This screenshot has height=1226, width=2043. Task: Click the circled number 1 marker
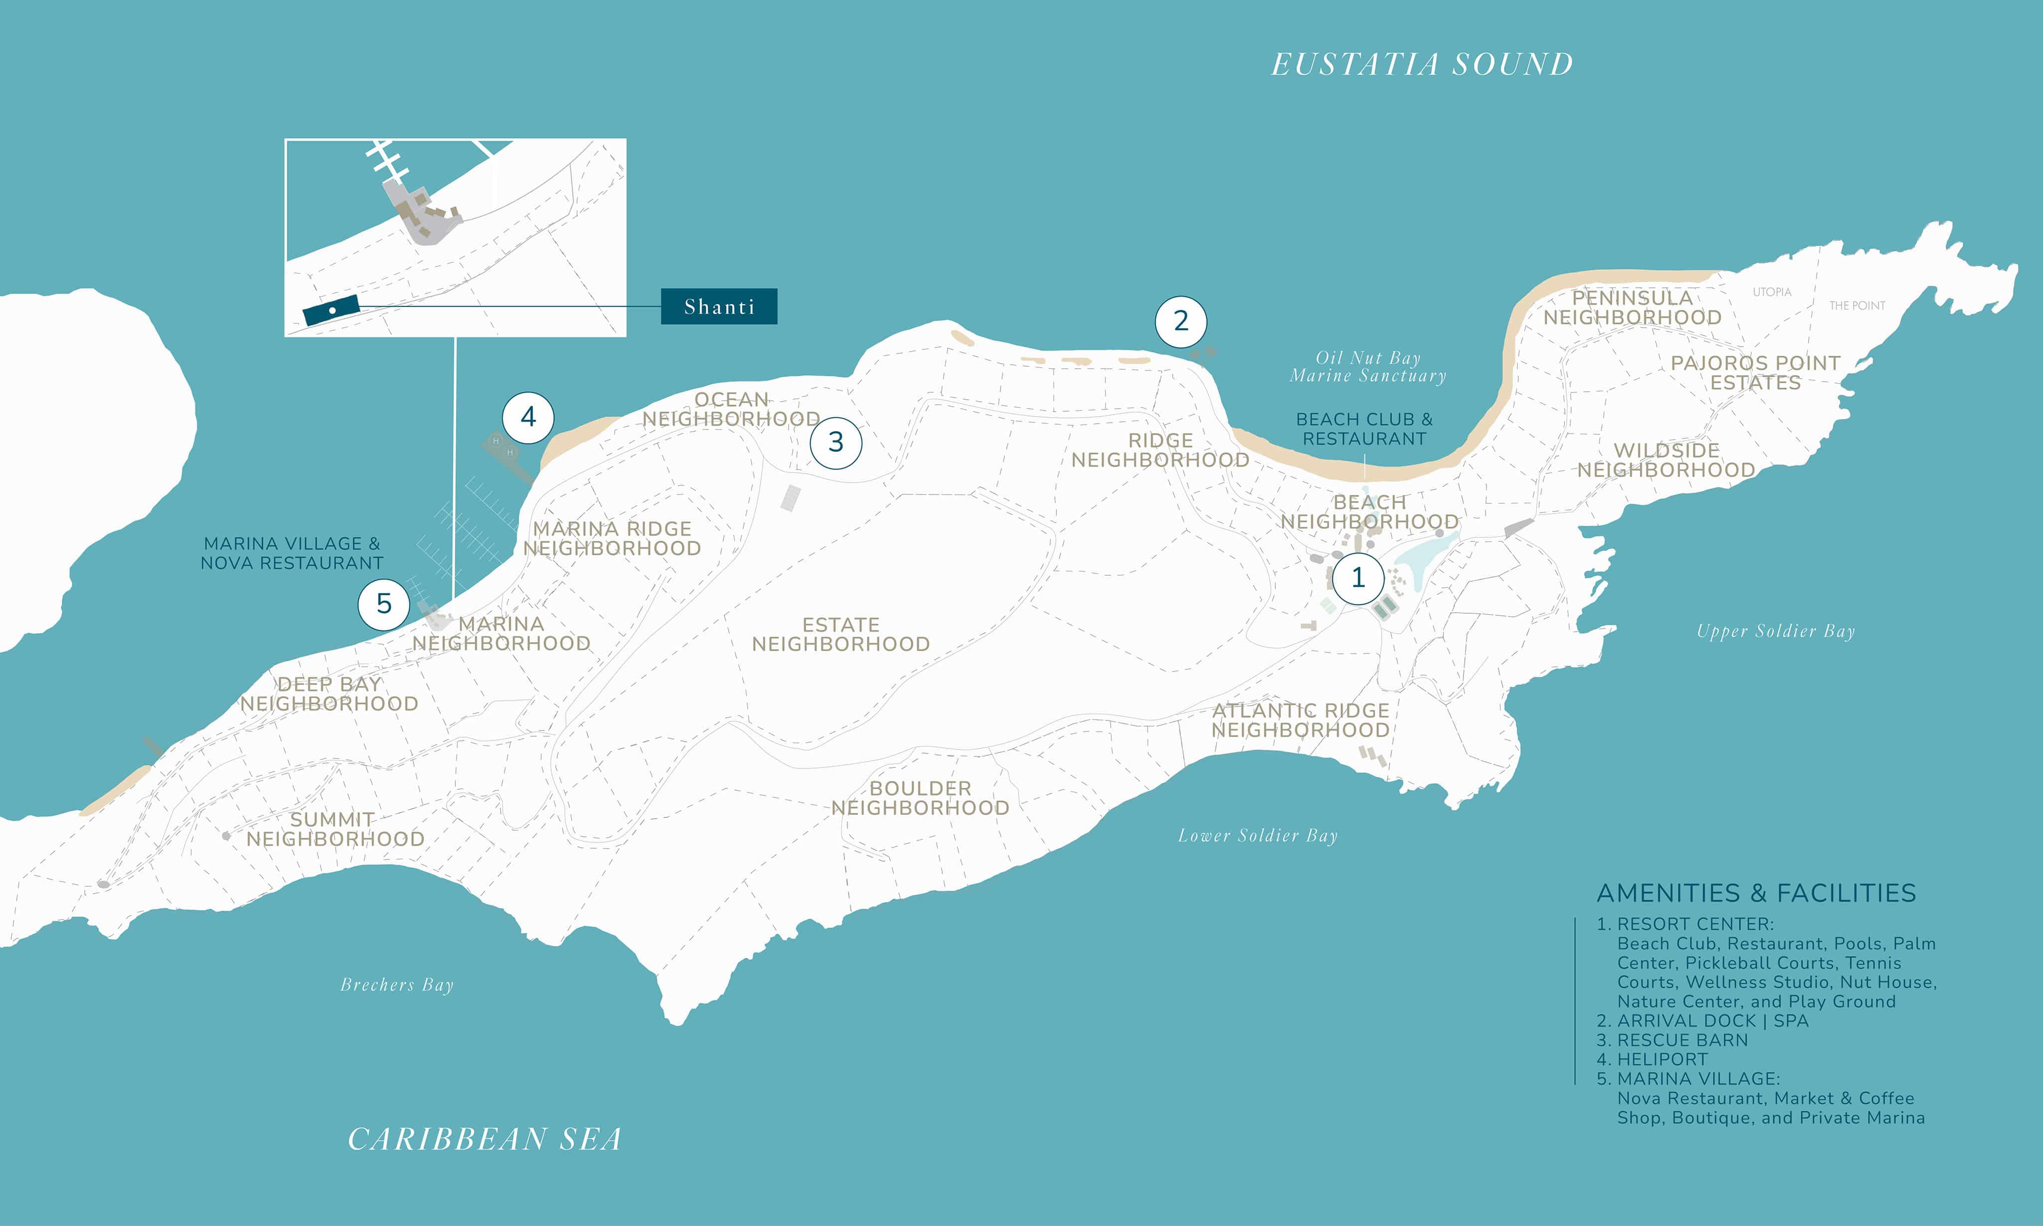tap(1358, 577)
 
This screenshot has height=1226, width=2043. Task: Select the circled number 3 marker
tap(835, 442)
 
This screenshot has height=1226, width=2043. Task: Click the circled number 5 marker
tap(384, 604)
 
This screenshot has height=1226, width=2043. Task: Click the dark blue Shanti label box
tap(718, 306)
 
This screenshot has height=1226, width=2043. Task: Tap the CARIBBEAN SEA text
tap(485, 1139)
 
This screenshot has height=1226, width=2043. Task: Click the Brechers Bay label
tap(397, 985)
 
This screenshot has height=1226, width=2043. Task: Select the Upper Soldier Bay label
tap(1776, 631)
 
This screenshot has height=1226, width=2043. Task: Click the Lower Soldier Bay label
tap(1258, 836)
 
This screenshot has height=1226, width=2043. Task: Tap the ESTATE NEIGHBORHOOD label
tap(840, 635)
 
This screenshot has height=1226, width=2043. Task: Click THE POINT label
tap(1857, 306)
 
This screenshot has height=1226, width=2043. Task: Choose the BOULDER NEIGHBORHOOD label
tap(920, 798)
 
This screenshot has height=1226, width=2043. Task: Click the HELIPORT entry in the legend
tap(1661, 1059)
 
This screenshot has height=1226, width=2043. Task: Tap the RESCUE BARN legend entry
tap(1681, 1040)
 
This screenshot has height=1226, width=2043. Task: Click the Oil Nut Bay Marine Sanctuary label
tap(1368, 367)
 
